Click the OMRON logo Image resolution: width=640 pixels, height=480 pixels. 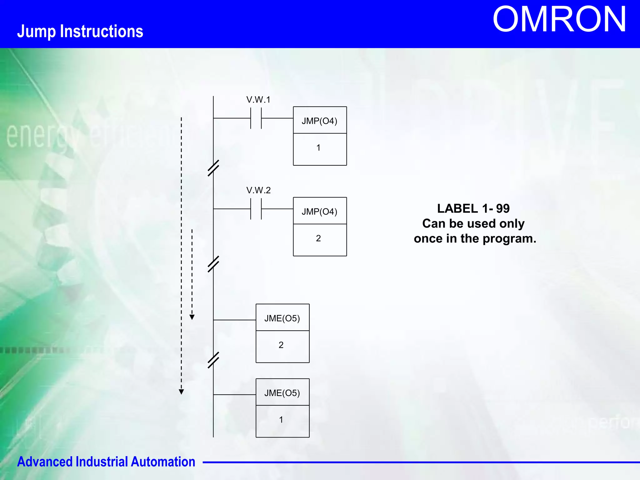(x=559, y=20)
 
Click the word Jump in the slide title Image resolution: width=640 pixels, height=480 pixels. (x=36, y=32)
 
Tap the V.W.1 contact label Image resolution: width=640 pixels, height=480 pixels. (x=258, y=100)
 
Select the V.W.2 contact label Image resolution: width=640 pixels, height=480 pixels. (x=258, y=190)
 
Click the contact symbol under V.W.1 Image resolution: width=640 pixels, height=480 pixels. (x=256, y=118)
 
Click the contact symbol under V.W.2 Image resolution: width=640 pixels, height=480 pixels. (x=256, y=209)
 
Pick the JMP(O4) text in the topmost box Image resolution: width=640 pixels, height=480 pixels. (x=319, y=121)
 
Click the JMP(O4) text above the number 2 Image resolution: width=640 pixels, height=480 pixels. (x=319, y=212)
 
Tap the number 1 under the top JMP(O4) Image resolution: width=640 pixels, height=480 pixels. (x=318, y=148)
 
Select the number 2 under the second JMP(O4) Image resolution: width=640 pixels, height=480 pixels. (x=318, y=238)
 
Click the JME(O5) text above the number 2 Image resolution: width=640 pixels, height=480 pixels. (x=282, y=318)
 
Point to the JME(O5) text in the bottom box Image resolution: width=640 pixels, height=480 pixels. (x=282, y=393)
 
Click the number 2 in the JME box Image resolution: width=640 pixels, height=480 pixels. (x=281, y=345)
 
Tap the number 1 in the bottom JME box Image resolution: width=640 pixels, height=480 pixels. (x=281, y=420)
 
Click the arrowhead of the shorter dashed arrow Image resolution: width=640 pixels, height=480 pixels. (x=192, y=317)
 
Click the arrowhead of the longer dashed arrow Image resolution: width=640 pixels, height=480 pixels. (x=181, y=392)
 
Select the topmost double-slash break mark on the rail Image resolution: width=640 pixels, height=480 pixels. (x=213, y=168)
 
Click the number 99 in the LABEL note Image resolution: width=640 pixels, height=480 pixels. (x=502, y=208)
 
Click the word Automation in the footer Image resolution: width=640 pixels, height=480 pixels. (x=163, y=462)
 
